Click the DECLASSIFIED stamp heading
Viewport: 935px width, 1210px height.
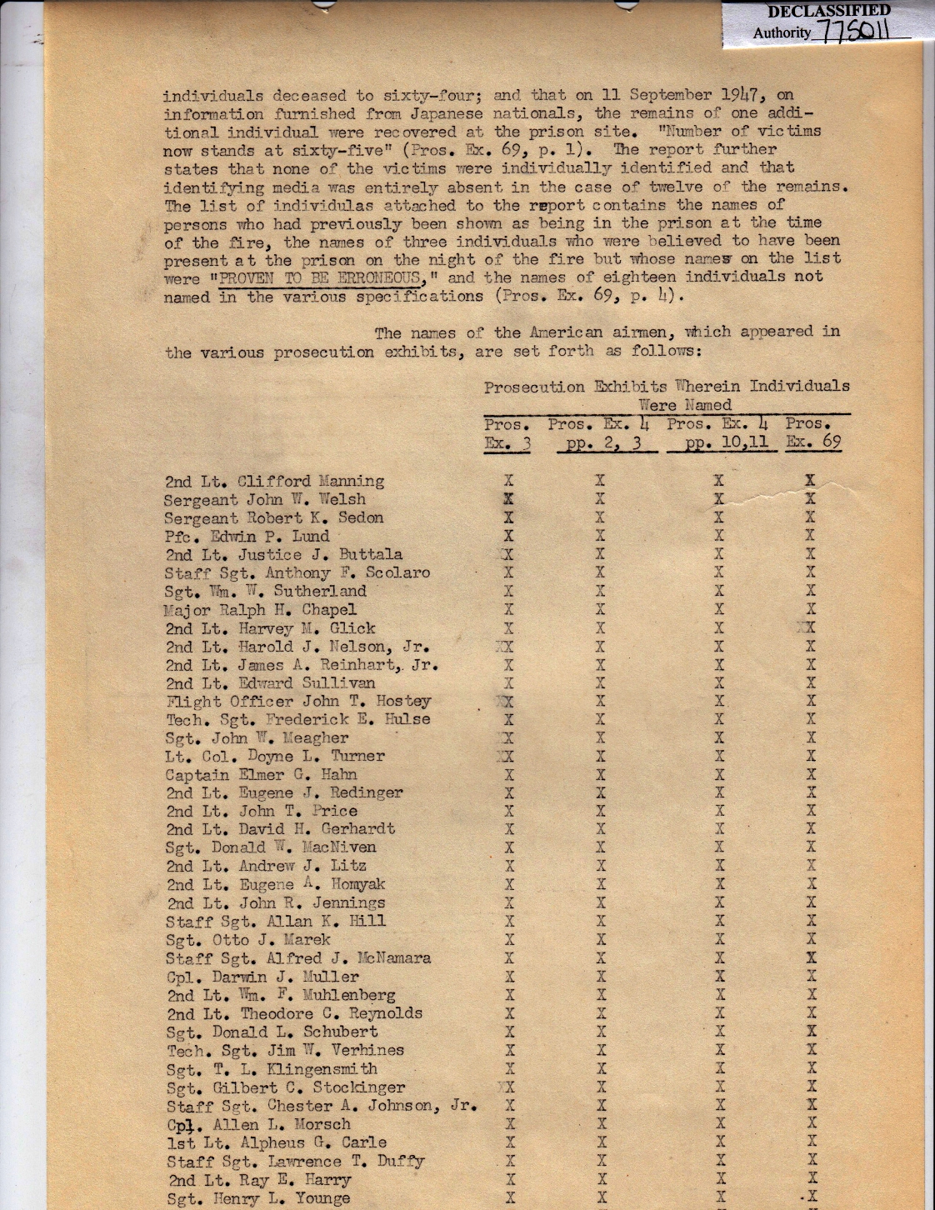point(828,12)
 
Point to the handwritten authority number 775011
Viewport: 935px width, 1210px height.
point(853,33)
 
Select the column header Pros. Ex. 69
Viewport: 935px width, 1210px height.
point(812,432)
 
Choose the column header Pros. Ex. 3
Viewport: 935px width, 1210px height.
point(507,433)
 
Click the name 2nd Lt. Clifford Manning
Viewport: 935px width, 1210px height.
point(274,481)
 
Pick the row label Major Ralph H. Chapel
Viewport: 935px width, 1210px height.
point(260,609)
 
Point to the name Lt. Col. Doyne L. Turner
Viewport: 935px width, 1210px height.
point(274,757)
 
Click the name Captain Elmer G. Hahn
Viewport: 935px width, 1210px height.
point(261,775)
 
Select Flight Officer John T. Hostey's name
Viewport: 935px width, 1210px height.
point(297,702)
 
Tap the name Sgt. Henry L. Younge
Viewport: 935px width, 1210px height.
point(257,1198)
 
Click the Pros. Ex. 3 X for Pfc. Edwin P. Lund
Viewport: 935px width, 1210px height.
point(508,536)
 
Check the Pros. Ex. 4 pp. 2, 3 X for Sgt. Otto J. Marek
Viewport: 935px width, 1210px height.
point(601,940)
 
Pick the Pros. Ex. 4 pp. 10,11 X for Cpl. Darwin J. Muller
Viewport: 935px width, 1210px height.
point(720,977)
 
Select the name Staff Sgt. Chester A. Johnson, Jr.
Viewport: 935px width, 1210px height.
point(320,1106)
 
